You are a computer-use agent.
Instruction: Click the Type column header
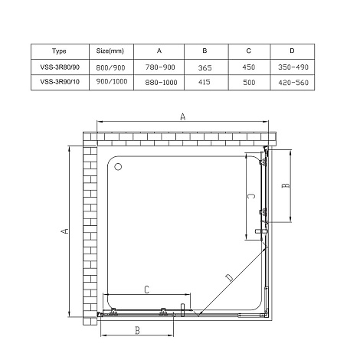(59, 51)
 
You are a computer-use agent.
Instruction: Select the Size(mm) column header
(110, 51)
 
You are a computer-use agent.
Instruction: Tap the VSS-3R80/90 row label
(60, 67)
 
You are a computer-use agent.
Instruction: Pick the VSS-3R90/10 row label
(60, 82)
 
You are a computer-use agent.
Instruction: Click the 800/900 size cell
(110, 67)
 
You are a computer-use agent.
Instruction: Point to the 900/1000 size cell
(112, 82)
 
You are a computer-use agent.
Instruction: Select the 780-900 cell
(160, 67)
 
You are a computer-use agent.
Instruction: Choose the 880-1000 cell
(161, 83)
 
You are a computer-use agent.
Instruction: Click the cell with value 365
(205, 68)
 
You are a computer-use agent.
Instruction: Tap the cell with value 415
(205, 82)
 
